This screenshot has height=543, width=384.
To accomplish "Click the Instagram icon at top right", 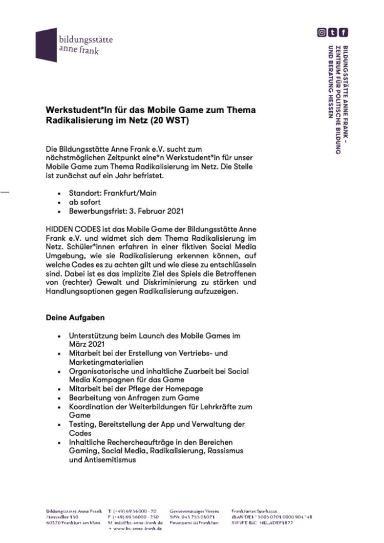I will pos(322,32).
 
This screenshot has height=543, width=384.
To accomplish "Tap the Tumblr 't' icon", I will pos(333,32).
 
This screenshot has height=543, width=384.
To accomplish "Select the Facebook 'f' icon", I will pos(344,32).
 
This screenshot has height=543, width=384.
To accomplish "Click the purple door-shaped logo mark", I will pos(46,45).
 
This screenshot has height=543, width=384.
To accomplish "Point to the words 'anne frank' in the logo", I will pos(78,51).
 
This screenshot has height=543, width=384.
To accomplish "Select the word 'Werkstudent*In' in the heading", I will pos(74,110).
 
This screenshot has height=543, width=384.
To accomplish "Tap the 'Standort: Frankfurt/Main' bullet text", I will pos(113,193).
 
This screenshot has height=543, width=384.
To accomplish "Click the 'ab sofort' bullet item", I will pos(85,202).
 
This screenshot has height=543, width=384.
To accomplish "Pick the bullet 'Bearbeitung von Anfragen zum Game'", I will pos(134,398).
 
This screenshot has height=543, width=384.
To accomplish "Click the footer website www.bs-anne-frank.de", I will pos(137,528).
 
